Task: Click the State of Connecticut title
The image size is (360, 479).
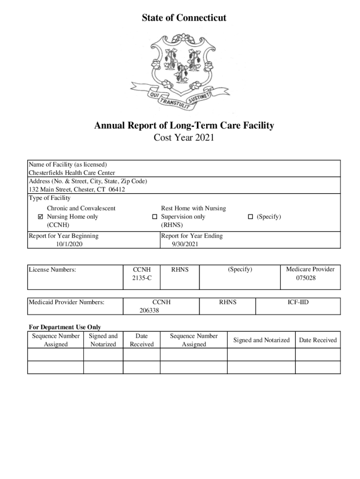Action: click(184, 18)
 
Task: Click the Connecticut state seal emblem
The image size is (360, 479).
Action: click(180, 70)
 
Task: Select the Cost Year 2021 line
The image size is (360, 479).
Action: click(184, 138)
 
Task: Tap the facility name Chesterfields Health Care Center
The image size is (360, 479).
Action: click(72, 173)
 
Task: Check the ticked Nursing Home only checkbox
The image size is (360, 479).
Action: click(41, 217)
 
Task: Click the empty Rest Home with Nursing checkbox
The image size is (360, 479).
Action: click(155, 217)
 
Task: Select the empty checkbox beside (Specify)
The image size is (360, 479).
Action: click(250, 217)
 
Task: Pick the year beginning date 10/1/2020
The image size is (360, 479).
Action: click(69, 244)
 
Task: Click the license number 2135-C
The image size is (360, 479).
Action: click(142, 278)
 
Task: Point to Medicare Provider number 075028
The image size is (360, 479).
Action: click(310, 278)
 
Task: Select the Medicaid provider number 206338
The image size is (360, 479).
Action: click(150, 310)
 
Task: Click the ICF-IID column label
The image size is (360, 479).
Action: click(298, 303)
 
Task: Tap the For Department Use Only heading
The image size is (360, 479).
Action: click(65, 327)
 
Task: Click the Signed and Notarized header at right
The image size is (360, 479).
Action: click(261, 340)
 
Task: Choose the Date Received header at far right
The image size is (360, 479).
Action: click(318, 340)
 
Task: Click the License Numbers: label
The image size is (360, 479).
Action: click(52, 269)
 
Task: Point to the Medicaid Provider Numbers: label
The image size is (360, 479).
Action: click(66, 303)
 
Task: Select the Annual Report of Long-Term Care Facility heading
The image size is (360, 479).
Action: click(184, 126)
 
